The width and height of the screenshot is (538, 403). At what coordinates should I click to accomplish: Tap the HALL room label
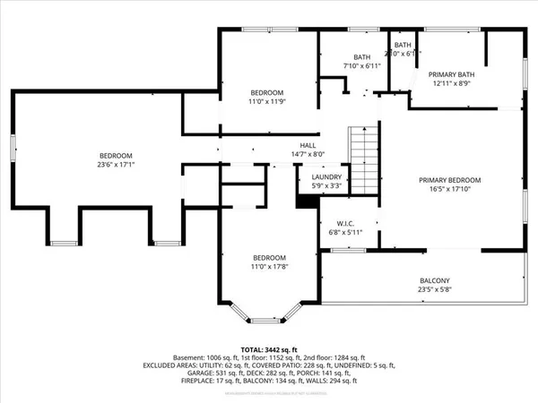tap(308, 145)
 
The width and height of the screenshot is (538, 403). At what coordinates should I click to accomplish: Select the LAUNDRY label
tap(326, 176)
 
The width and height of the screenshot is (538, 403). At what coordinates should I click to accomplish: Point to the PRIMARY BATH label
tap(449, 74)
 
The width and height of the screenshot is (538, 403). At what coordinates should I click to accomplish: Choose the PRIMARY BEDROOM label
tap(450, 180)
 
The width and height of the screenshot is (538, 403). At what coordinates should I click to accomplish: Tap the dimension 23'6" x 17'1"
tap(116, 164)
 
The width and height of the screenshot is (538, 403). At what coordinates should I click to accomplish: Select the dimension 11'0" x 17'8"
tap(267, 266)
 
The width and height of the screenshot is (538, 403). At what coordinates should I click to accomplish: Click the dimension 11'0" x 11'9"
tap(266, 102)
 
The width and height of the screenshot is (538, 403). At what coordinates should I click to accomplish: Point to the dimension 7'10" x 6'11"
tap(361, 67)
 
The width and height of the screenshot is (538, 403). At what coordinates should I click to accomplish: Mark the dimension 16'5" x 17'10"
tap(450, 190)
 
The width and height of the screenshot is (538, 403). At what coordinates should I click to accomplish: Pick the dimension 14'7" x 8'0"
tap(308, 154)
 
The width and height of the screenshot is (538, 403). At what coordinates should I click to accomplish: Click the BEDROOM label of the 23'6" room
tap(116, 154)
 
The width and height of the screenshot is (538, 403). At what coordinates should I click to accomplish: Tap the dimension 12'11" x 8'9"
tap(449, 84)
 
